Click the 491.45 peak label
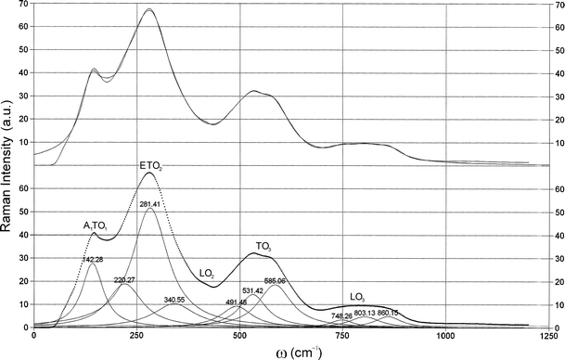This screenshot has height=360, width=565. [x=237, y=302]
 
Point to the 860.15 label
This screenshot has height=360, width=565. [x=389, y=313]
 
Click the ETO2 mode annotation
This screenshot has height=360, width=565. [x=151, y=166]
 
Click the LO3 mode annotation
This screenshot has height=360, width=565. [x=357, y=298]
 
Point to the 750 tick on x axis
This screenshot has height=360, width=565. [x=343, y=336]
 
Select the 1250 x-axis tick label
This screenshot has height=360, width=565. [x=548, y=336]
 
